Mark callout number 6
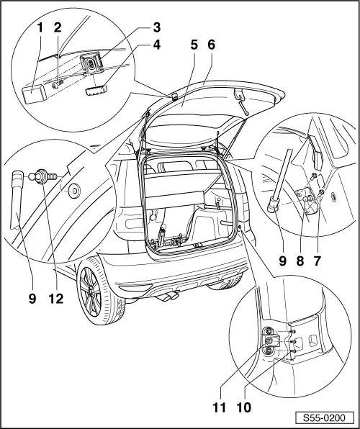[211, 64]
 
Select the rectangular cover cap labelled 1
[32, 91]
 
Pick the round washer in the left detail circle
[73, 191]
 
